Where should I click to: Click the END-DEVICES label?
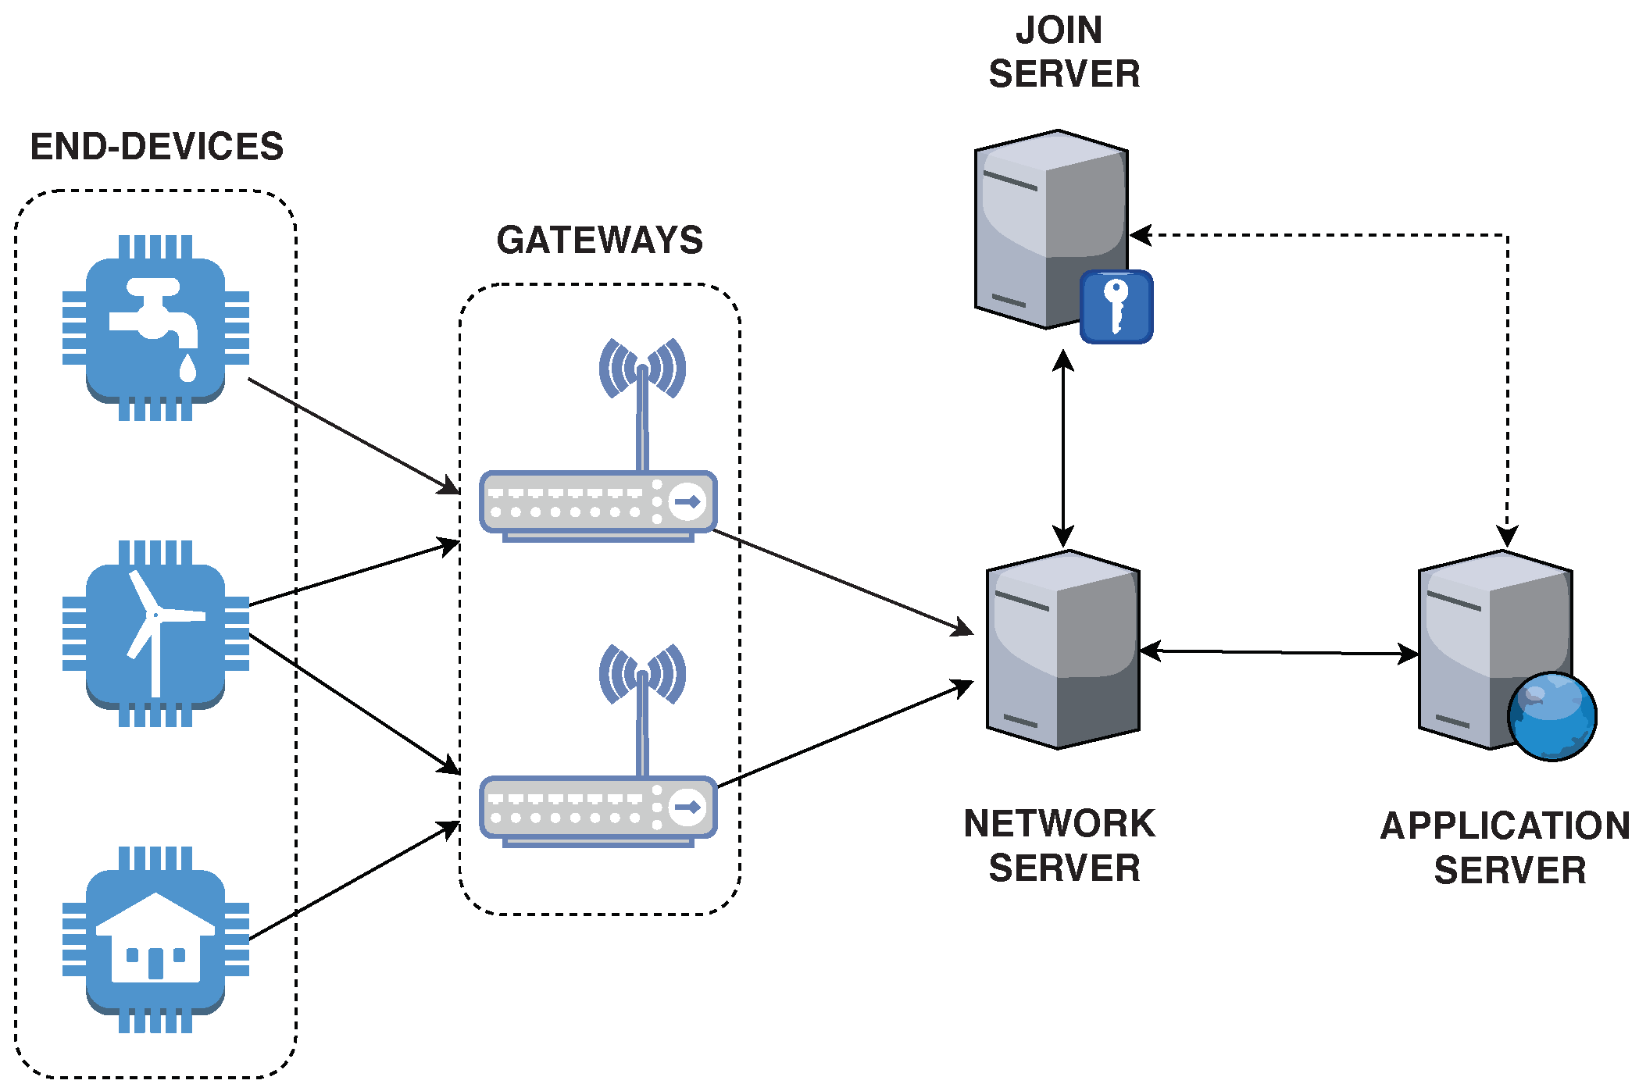pyautogui.click(x=157, y=147)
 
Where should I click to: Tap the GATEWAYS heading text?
pyautogui.click(x=600, y=240)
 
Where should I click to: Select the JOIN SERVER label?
pyautogui.click(x=1064, y=52)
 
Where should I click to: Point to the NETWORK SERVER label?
pyautogui.click(x=1060, y=846)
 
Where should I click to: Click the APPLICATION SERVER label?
pyautogui.click(x=1505, y=848)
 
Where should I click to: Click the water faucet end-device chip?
pyautogui.click(x=156, y=328)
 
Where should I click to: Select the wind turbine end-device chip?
pyautogui.click(x=156, y=633)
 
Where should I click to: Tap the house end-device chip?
pyautogui.click(x=156, y=939)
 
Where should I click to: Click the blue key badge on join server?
pyautogui.click(x=1116, y=307)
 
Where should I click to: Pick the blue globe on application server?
pyautogui.click(x=1552, y=717)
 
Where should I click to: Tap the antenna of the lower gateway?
pyautogui.click(x=642, y=710)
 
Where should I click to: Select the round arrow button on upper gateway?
pyautogui.click(x=687, y=501)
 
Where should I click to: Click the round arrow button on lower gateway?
pyautogui.click(x=687, y=807)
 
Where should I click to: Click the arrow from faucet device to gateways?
pyautogui.click(x=354, y=437)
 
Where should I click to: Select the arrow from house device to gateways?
pyautogui.click(x=354, y=880)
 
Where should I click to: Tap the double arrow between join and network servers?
pyautogui.click(x=1063, y=448)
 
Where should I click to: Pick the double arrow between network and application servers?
pyautogui.click(x=1280, y=652)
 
